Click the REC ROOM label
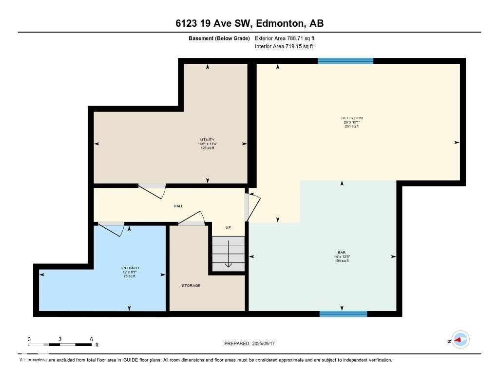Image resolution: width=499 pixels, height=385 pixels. point(351,118)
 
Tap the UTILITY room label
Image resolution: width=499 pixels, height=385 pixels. point(207,140)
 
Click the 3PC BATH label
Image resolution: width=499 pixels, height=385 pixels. point(129,268)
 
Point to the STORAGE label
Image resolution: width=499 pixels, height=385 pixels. point(191,286)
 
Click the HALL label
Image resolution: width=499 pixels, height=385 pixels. point(178,206)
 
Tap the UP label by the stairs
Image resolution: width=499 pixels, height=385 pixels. point(228,227)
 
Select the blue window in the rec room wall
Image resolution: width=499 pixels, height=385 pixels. point(345,61)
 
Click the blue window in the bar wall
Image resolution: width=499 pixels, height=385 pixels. point(343,314)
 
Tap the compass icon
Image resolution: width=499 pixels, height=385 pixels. point(460,340)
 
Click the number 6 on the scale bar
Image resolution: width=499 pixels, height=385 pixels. point(91,339)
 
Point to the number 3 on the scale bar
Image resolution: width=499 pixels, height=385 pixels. point(60,339)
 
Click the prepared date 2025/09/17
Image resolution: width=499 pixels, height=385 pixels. point(266,344)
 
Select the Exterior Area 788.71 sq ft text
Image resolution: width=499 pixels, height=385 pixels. point(288,38)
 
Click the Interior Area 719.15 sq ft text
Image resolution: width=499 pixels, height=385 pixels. point(284,47)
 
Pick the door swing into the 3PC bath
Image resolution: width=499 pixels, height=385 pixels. point(112,229)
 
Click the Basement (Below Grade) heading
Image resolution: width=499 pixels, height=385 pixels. point(219,38)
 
